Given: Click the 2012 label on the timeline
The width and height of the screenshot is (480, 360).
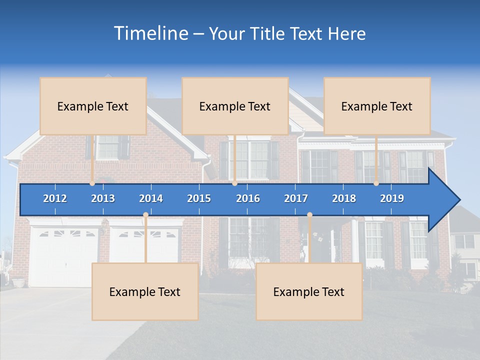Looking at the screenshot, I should [55, 198].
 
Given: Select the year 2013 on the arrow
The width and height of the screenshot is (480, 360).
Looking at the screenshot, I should [103, 198].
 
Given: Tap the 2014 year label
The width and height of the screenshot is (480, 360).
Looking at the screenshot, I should [151, 198].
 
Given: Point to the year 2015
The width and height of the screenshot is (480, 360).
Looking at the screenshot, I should [199, 198].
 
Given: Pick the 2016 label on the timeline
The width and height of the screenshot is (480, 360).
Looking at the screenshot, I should [248, 198].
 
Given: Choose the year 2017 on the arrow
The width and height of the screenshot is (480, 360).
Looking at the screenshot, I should [296, 198].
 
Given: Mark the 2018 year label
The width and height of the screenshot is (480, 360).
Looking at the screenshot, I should [344, 198].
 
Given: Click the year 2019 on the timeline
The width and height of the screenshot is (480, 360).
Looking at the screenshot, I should [392, 198].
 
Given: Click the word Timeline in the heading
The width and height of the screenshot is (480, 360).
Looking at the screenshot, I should [150, 33].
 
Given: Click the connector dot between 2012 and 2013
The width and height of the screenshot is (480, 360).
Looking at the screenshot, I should [92, 183].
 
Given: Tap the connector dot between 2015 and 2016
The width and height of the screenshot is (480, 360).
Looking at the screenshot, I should [234, 183].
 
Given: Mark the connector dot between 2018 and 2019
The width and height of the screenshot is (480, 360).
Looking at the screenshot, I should [376, 183].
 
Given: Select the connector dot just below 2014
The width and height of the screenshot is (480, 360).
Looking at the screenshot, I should [145, 215].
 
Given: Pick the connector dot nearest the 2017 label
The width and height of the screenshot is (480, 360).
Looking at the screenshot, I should [309, 215].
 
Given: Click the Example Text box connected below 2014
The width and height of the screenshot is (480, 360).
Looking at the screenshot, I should [145, 291].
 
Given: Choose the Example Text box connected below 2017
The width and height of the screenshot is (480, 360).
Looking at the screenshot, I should [309, 291].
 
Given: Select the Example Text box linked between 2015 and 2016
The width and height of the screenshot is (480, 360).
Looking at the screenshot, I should [235, 106].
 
